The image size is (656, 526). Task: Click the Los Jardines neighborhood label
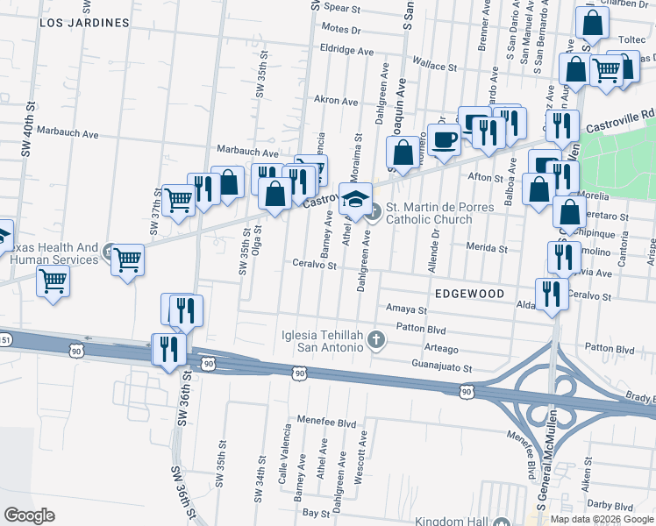point(84,23)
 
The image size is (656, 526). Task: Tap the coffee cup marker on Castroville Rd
point(445,139)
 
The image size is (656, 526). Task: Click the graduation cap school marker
point(355,199)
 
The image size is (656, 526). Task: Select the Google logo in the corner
point(29,515)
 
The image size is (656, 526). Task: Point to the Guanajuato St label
point(442,368)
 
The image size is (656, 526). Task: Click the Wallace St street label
point(435,66)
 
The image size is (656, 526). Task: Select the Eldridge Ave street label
point(347,48)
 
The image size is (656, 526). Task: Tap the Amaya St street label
point(405,309)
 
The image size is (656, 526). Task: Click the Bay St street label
point(314,511)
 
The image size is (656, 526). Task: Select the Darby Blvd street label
point(610,506)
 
